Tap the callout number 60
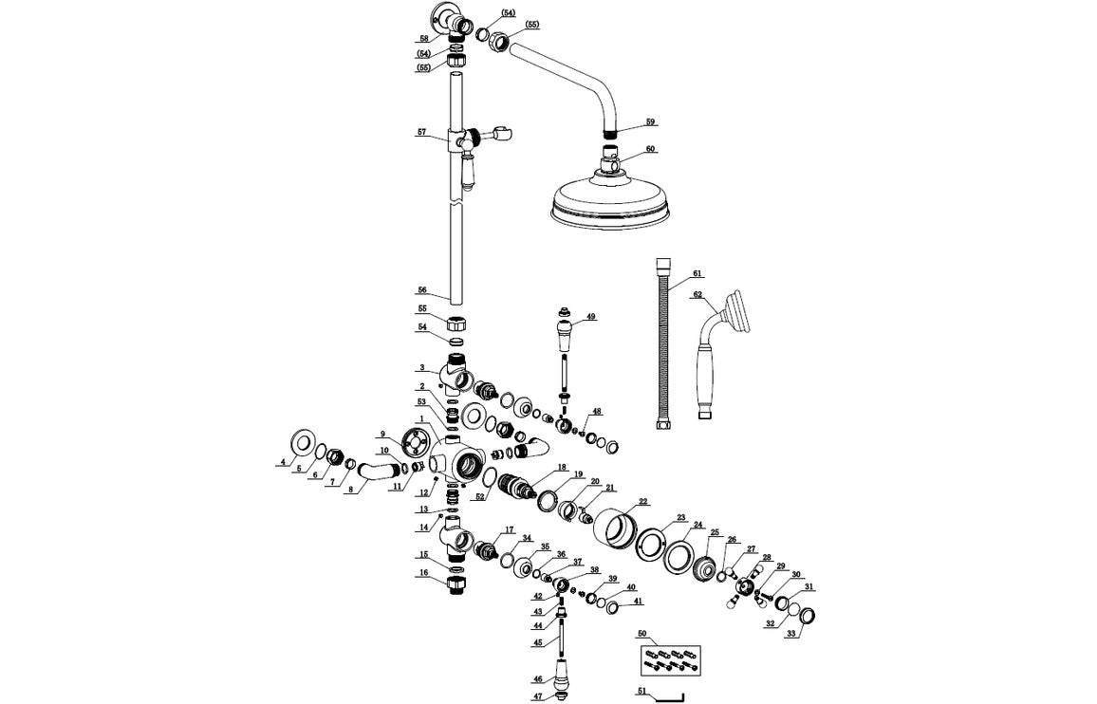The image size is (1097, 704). pos(650,149)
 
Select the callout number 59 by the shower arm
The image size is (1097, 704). pos(650,121)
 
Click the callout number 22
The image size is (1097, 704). pos(642,501)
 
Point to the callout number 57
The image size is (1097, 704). pos(422,133)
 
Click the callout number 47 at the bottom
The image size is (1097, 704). pos(536,696)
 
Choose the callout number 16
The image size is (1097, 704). pos(423,573)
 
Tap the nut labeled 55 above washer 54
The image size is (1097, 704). pos(456,322)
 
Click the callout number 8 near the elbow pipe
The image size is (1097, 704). pos(350,489)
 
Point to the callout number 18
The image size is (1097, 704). pos(562,467)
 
